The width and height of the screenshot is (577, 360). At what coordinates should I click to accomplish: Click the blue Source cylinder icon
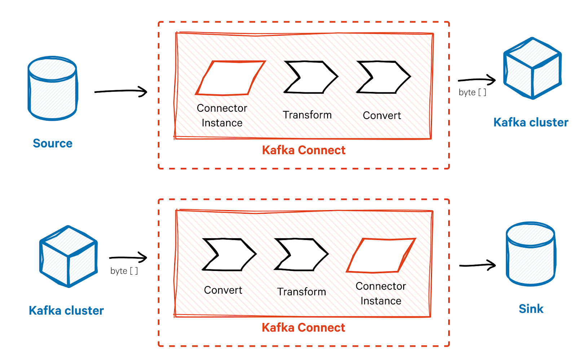pyautogui.click(x=53, y=88)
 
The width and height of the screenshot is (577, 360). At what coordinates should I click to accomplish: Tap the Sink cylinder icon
pyautogui.click(x=530, y=254)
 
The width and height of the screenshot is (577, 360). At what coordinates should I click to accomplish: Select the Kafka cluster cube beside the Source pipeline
pyautogui.click(x=532, y=68)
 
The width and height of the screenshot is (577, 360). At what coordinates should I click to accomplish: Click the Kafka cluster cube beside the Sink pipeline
pyautogui.click(x=69, y=257)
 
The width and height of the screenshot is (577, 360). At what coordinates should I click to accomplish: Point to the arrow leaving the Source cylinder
pyautogui.click(x=121, y=91)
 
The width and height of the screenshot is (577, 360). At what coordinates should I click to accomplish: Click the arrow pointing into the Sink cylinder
pyautogui.click(x=477, y=265)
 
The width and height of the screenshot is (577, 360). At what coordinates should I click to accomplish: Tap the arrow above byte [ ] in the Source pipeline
pyautogui.click(x=476, y=80)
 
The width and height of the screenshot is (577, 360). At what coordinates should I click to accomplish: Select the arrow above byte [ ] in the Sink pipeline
pyautogui.click(x=128, y=258)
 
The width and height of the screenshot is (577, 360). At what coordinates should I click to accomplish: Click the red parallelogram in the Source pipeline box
pyautogui.click(x=230, y=78)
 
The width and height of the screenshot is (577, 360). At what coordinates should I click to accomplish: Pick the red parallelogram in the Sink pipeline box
pyautogui.click(x=381, y=255)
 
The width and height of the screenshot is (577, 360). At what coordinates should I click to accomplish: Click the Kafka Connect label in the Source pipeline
pyautogui.click(x=304, y=150)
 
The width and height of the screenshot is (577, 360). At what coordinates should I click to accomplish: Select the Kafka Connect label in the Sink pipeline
pyautogui.click(x=303, y=328)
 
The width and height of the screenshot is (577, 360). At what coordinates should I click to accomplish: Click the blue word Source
pyautogui.click(x=53, y=143)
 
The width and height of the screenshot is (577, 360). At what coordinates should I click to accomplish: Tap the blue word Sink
pyautogui.click(x=531, y=309)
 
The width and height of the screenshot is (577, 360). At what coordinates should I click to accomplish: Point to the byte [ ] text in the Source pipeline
pyautogui.click(x=472, y=93)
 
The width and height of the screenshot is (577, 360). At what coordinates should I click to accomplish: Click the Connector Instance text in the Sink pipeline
pyautogui.click(x=381, y=293)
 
